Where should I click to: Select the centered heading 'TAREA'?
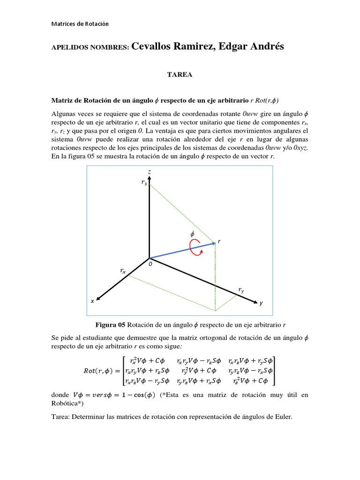click(x=180, y=75)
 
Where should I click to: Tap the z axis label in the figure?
click(x=149, y=172)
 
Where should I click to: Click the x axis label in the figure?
click(x=92, y=301)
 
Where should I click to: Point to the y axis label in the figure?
click(x=261, y=303)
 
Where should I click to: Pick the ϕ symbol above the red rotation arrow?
click(x=191, y=233)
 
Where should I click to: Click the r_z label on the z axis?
click(x=144, y=183)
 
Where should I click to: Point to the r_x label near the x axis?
click(x=122, y=271)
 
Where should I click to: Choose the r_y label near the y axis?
click(x=241, y=291)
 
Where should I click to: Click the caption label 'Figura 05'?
click(x=111, y=325)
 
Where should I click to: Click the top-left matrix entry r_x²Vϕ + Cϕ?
click(x=145, y=360)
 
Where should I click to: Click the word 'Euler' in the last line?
click(x=281, y=416)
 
